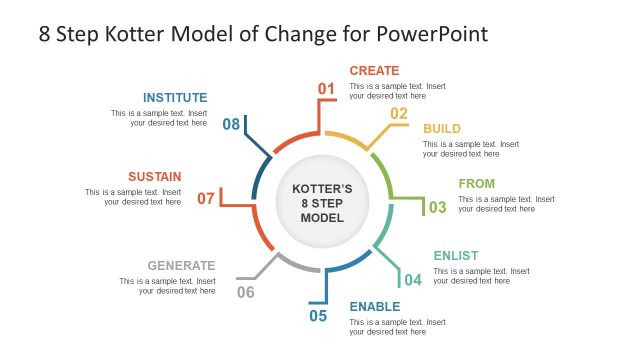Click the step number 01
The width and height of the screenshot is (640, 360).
click(x=326, y=89)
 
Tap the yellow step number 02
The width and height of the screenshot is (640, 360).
click(x=399, y=113)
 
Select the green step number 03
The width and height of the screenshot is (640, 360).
click(x=437, y=208)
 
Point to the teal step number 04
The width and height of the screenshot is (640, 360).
click(x=412, y=279)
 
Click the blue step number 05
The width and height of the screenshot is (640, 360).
click(x=318, y=316)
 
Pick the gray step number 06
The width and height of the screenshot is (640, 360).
click(x=245, y=292)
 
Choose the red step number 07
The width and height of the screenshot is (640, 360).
click(x=206, y=198)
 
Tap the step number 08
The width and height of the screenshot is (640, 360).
click(x=231, y=124)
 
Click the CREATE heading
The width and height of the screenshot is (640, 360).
click(x=374, y=71)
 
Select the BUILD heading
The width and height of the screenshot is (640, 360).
click(x=442, y=129)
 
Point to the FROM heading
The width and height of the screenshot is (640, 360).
click(x=476, y=184)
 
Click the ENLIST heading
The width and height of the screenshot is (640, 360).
click(x=455, y=256)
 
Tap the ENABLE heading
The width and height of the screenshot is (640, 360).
click(x=374, y=306)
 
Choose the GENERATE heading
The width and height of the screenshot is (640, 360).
click(x=181, y=265)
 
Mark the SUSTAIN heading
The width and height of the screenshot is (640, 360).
click(x=154, y=176)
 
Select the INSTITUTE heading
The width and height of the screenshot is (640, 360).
click(x=175, y=98)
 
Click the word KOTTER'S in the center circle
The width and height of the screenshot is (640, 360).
click(x=322, y=187)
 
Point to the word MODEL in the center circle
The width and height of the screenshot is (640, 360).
click(x=322, y=218)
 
